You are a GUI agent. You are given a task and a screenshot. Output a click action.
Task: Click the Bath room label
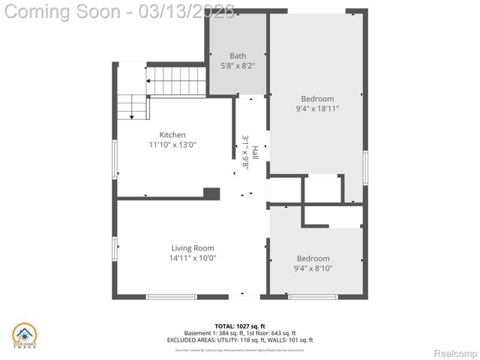pyautogui.click(x=238, y=55)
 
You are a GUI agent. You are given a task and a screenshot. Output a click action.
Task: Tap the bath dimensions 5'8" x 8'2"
pyautogui.click(x=238, y=66)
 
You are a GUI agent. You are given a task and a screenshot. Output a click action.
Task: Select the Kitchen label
pyautogui.click(x=172, y=135)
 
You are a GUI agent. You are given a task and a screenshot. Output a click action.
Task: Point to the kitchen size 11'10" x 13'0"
pyautogui.click(x=172, y=145)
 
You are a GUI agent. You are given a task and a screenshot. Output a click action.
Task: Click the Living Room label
pyautogui.click(x=193, y=248)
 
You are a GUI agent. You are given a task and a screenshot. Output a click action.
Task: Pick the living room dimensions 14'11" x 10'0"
pyautogui.click(x=193, y=258)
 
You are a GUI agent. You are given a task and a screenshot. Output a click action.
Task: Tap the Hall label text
pyautogui.click(x=255, y=153)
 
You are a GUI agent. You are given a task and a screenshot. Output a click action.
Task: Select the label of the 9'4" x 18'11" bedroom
pyautogui.click(x=317, y=98)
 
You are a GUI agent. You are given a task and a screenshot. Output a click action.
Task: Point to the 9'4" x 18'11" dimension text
pyautogui.click(x=317, y=109)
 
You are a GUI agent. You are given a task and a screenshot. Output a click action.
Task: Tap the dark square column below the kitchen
pyautogui.click(x=211, y=193)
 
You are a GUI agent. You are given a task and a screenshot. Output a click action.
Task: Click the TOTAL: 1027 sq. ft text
pyautogui.click(x=240, y=326)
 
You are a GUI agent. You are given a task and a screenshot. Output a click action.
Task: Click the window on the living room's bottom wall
pyautogui.click(x=171, y=297)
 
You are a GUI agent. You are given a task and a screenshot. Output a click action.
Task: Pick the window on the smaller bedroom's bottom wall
pyautogui.click(x=313, y=297)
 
